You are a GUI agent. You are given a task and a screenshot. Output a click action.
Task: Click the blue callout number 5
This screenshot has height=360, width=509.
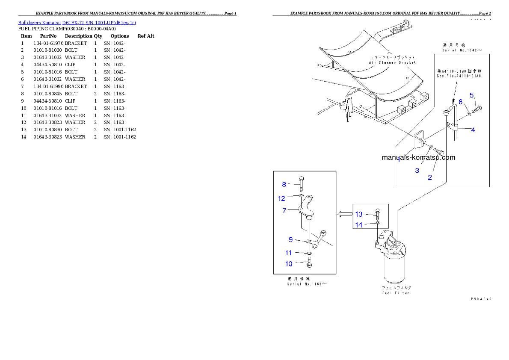472,95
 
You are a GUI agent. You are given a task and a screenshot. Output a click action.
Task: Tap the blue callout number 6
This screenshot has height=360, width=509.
461,102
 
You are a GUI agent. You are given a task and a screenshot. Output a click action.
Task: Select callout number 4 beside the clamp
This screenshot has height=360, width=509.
473,130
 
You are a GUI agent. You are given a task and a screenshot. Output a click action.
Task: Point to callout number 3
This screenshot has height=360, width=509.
417,170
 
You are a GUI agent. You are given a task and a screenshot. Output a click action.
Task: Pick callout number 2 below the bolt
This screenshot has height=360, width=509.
430,177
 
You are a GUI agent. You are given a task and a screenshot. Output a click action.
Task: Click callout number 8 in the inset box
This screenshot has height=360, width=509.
284,185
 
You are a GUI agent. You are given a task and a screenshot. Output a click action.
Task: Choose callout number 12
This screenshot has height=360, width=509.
281,198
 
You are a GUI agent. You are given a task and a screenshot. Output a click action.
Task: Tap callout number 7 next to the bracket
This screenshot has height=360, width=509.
284,210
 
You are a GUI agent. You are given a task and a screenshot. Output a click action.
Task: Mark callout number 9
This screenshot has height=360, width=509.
290,240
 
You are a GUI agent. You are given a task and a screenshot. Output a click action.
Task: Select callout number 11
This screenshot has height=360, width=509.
289,253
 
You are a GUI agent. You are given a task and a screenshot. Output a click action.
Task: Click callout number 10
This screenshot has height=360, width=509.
289,264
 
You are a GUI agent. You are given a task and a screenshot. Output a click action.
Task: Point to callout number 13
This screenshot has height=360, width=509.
359,214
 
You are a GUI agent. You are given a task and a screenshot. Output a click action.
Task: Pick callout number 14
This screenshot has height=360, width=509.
359,224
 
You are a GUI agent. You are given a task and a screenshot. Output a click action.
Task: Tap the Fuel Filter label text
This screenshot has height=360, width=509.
396,290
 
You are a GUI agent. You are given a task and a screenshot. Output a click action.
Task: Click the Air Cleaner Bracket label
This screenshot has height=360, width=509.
392,60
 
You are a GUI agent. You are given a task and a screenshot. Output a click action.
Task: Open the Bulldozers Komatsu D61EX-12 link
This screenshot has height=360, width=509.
77,23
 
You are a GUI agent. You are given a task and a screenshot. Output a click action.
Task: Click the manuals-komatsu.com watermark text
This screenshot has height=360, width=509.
418,157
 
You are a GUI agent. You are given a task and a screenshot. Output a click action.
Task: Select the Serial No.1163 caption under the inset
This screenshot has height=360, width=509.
307,281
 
